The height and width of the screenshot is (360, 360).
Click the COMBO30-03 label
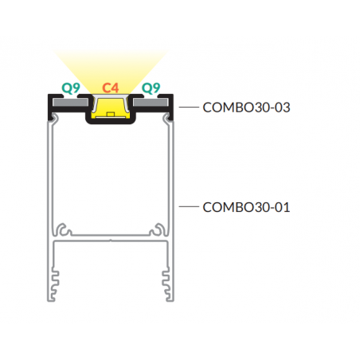click(246, 108)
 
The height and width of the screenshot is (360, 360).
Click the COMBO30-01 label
click(246, 207)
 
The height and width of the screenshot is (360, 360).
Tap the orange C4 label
click(111, 88)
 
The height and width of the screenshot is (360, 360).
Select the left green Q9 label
click(71, 88)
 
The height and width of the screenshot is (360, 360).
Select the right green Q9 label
click(151, 88)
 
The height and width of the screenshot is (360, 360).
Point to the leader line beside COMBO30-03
click(189, 107)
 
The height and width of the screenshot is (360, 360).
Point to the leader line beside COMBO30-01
click(189, 206)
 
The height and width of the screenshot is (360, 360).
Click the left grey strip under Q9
click(70, 102)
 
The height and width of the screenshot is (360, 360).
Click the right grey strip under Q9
click(151, 102)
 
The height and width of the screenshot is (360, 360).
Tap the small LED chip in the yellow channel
click(110, 114)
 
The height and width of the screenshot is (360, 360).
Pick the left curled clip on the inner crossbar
click(64, 229)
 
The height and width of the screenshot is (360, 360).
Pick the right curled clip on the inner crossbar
click(158, 229)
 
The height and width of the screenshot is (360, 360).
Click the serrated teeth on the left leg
click(55, 284)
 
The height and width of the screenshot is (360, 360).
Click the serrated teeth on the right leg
click(166, 284)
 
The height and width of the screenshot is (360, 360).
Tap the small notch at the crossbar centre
click(111, 241)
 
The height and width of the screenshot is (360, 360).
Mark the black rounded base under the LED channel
click(111, 121)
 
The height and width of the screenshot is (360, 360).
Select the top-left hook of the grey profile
click(53, 117)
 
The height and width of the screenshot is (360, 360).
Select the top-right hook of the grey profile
click(168, 117)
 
